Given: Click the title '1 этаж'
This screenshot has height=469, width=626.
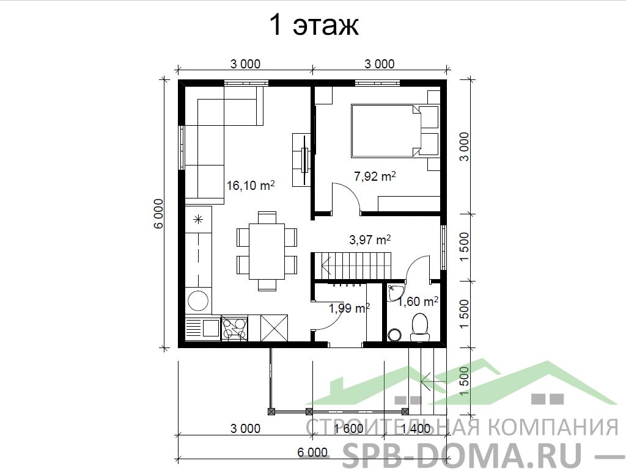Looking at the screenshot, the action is click(314, 25).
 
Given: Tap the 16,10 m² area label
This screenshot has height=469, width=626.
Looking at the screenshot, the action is click(251, 186).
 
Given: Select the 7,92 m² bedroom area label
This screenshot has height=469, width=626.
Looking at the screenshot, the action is click(375, 176).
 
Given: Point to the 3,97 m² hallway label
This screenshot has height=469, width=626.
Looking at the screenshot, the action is click(370, 239).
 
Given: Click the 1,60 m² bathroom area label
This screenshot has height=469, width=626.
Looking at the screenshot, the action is click(418, 302).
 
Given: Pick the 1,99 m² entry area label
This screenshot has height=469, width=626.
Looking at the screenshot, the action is click(348, 308).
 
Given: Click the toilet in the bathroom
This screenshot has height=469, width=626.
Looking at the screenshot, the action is click(419, 328).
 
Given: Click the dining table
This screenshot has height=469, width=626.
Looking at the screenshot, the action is click(267, 252).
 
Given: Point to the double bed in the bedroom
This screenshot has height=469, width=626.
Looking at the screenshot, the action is click(386, 131).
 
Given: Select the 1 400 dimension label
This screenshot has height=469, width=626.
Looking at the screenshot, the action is click(416, 429).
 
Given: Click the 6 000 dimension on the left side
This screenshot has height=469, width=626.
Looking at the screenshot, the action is click(158, 213).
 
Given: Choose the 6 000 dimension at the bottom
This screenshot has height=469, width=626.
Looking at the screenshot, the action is click(312, 453).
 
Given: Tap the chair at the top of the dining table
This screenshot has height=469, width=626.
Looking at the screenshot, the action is click(267, 218).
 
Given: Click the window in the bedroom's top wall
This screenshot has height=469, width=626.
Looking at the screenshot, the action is click(377, 83).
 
